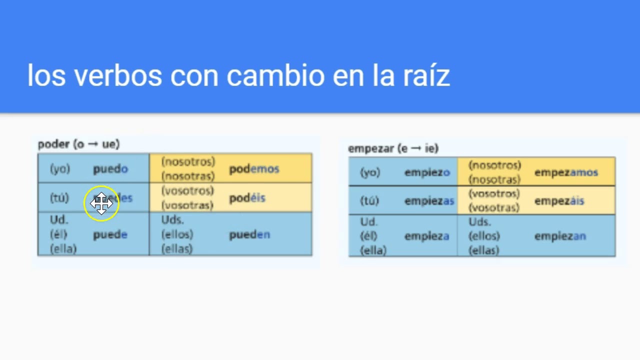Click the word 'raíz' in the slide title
tap(425, 75)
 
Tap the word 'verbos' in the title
tap(118, 75)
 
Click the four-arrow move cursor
tap(101, 203)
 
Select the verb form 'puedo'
tap(110, 169)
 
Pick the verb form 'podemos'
tap(254, 169)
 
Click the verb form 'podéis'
tap(247, 198)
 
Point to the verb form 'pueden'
tap(249, 234)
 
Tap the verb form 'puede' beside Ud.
tap(110, 234)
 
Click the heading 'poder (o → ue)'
tap(78, 144)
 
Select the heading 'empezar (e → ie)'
tap(393, 148)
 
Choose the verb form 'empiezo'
tap(427, 172)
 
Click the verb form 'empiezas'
tap(429, 201)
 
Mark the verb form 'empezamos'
tap(566, 172)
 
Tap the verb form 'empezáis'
tap(559, 201)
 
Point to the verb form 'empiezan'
tap(560, 236)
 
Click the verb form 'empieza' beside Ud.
tap(426, 236)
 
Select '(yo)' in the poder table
tap(60, 169)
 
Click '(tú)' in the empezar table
tap(369, 201)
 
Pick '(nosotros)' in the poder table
tap(188, 162)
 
